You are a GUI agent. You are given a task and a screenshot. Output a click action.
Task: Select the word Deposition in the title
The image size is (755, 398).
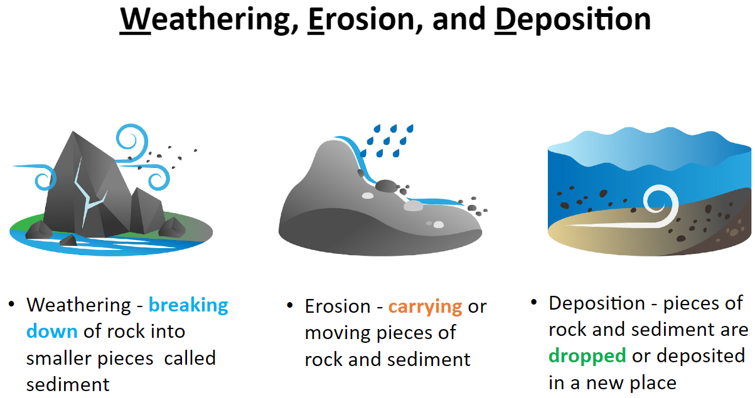(572, 20)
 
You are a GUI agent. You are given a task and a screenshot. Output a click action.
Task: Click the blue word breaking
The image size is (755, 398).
(188, 305)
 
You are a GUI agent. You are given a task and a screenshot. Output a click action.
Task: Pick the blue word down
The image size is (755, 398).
(52, 332)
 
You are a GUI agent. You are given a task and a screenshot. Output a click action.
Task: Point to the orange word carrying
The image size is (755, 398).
(425, 307)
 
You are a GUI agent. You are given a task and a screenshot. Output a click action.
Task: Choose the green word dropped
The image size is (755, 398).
(587, 356)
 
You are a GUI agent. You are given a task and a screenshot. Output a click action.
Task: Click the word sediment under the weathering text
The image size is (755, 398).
(68, 385)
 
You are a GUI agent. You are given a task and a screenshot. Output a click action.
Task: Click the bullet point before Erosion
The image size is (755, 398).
(290, 306)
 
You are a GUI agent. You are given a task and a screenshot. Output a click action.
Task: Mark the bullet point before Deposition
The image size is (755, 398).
(533, 301)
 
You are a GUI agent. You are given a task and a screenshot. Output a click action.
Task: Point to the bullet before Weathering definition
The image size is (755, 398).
(12, 304)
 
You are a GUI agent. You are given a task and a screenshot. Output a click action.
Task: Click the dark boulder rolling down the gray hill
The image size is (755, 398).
(386, 186)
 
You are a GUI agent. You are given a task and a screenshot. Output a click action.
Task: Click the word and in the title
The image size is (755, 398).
(459, 19)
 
